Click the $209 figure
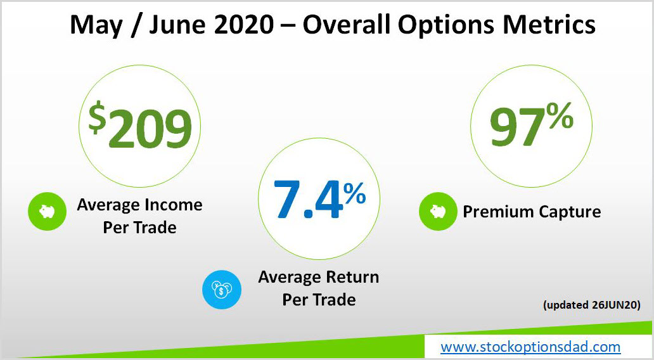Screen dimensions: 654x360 [x=140, y=125]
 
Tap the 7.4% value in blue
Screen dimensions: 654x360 [x=319, y=200]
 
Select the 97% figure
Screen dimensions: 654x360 [x=531, y=125]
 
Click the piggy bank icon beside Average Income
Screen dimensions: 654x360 [x=47, y=211]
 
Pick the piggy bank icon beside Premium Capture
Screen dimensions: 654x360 [x=438, y=211]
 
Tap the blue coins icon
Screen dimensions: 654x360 [x=221, y=290]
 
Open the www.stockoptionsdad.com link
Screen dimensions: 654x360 [x=530, y=347]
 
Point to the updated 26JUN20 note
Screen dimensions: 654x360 [x=591, y=305]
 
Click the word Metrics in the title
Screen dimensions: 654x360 [x=549, y=24]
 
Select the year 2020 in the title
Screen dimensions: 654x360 [x=243, y=24]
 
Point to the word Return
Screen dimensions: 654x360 [x=352, y=277]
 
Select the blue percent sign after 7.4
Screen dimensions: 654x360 [x=354, y=193]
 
